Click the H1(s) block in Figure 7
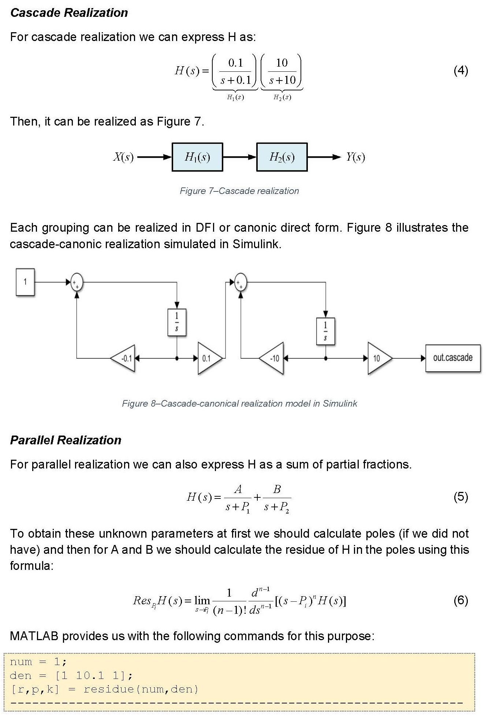[197, 157]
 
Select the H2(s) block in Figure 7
[282, 157]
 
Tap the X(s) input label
[123, 157]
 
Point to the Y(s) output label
[355, 157]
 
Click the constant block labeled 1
[25, 282]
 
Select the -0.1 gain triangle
[124, 358]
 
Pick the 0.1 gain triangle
[208, 358]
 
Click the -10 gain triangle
[273, 358]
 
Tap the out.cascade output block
[453, 358]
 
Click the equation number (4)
[460, 70]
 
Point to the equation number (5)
[460, 497]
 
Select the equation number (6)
[460, 600]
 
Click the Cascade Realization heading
[69, 13]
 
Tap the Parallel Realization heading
[66, 440]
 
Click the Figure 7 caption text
[239, 191]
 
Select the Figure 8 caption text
[239, 403]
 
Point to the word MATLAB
[34, 636]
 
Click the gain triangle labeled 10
[378, 358]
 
